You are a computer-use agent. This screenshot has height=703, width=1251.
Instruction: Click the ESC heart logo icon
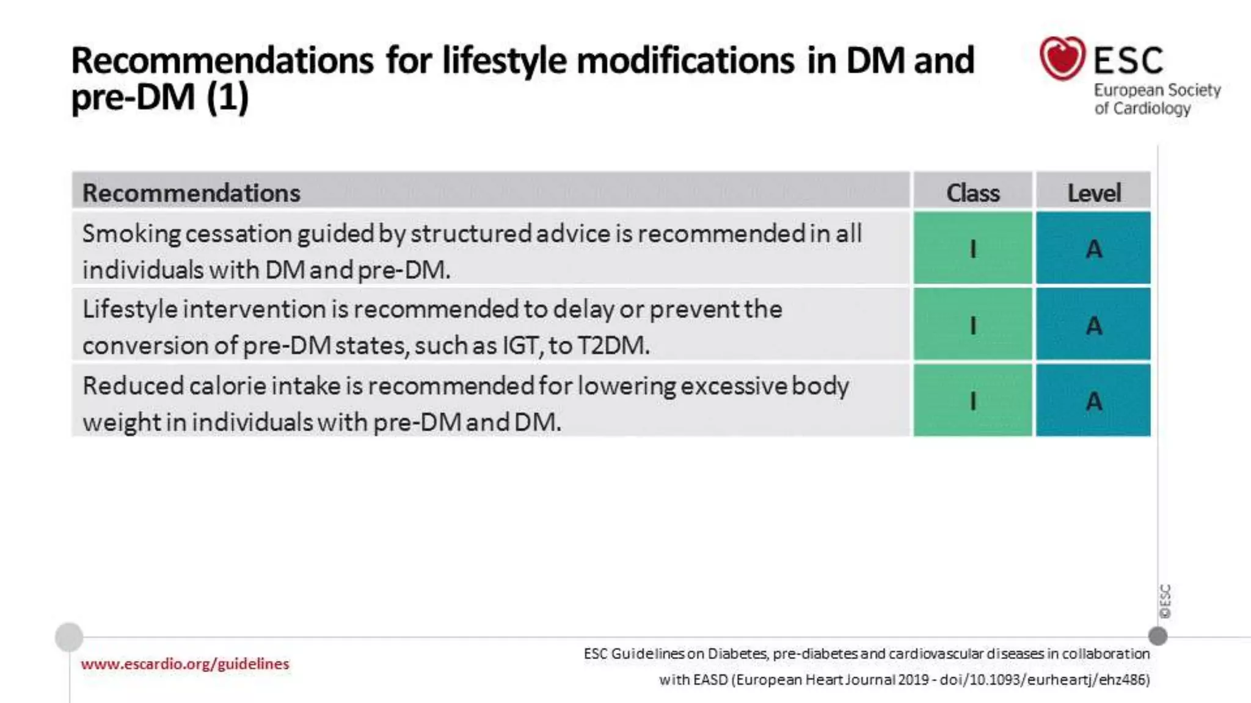point(1062,58)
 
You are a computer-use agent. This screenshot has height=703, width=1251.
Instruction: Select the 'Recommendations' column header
point(191,193)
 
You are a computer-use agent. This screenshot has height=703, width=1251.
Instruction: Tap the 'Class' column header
point(972,193)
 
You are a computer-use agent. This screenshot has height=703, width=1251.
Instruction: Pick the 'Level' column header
point(1093,193)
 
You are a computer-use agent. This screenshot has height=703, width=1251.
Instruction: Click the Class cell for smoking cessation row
point(972,248)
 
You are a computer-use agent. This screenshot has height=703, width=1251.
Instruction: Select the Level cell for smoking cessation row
point(1093,248)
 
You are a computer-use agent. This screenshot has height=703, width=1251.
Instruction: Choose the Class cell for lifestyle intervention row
point(972,325)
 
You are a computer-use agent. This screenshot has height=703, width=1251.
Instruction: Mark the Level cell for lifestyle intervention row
point(1093,325)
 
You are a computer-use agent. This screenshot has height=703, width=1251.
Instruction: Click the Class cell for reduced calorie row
point(972,401)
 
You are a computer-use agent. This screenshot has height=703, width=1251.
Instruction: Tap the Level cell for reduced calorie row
point(1093,401)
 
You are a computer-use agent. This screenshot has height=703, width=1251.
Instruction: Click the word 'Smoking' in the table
point(131,234)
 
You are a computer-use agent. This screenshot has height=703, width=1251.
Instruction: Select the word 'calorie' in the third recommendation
point(227,386)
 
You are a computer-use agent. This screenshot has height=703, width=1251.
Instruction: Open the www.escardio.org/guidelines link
point(184,664)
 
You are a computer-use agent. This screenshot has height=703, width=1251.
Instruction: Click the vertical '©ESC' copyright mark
point(1165,601)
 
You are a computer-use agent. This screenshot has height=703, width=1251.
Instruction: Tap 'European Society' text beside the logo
point(1157,90)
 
